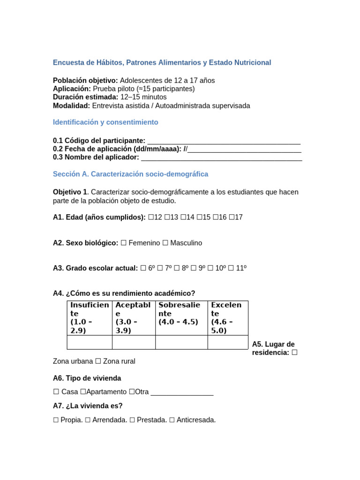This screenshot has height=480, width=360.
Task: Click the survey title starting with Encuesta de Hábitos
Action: click(162, 62)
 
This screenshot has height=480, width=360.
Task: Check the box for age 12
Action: click(151, 217)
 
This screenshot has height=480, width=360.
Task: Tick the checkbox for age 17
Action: click(232, 217)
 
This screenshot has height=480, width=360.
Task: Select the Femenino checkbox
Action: click(124, 243)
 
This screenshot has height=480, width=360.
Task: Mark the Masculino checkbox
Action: click(165, 243)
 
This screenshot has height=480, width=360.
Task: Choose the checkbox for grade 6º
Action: click(143, 268)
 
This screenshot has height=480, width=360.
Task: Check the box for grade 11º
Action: click(231, 268)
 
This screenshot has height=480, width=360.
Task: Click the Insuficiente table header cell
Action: click(90, 318)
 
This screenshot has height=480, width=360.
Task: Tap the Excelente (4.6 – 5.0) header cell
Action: click(227, 318)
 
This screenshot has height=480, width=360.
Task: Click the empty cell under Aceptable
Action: click(134, 342)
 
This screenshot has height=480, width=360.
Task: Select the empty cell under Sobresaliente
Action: click(181, 342)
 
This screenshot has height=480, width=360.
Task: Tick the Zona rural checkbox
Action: click(98, 361)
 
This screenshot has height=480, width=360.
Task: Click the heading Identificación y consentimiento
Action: click(105, 122)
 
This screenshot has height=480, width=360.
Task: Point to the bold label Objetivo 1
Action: click(70, 192)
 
